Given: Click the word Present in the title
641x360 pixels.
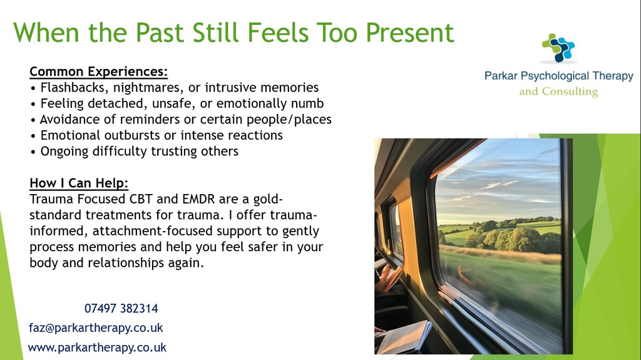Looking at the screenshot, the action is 409,33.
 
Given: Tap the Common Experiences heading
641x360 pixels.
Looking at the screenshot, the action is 98,71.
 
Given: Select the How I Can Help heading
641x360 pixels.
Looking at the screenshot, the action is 79,183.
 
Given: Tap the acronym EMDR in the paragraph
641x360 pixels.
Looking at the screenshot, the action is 198,199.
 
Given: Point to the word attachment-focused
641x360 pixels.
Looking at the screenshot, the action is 153,231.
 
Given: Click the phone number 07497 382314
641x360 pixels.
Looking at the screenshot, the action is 121,309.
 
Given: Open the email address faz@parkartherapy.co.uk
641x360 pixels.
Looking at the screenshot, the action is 96,328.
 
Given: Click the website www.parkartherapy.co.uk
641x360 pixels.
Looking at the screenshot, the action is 97,347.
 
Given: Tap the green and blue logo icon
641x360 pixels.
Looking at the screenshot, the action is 558,48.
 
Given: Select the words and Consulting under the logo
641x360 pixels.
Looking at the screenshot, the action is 558,91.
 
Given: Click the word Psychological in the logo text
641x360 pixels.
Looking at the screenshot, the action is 555,76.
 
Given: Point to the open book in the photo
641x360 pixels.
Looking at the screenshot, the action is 403,337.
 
